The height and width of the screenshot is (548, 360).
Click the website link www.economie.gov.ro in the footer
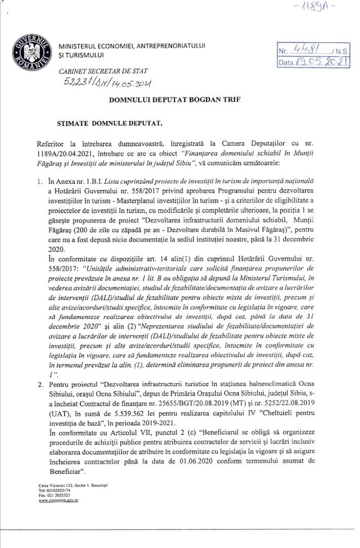pos(58,500)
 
